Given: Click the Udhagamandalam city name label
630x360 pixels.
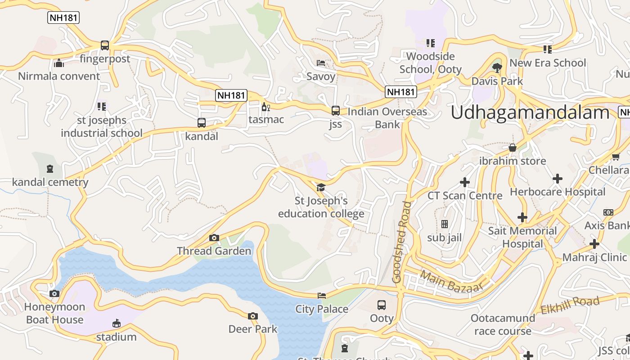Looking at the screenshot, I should (x=530, y=112).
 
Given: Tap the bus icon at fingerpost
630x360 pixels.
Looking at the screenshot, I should (x=105, y=45).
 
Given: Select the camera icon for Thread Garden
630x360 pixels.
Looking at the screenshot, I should (x=214, y=238).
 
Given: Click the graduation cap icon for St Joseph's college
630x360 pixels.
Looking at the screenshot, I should (x=321, y=187).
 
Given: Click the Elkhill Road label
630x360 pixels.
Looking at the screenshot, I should (x=570, y=305).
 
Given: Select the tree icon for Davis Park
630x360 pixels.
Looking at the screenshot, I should (x=497, y=68).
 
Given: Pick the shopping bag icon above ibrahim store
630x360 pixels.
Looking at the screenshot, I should (x=512, y=148).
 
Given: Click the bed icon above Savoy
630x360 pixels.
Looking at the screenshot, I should (x=321, y=63).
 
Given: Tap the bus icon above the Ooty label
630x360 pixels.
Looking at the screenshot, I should (x=382, y=305).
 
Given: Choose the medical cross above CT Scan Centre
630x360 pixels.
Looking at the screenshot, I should (x=465, y=182).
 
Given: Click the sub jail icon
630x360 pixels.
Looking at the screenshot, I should (x=445, y=224).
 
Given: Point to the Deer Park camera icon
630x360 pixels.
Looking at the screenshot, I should (x=253, y=316).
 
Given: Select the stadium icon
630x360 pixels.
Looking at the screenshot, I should (x=116, y=324).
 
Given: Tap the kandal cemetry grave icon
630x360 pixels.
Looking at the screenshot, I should (x=50, y=169).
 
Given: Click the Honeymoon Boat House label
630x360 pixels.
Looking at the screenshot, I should (x=54, y=313).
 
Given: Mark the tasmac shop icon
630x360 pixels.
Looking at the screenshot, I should (x=266, y=107).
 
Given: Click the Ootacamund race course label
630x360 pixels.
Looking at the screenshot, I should (x=503, y=324).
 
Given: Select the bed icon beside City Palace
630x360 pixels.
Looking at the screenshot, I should (x=322, y=296).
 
